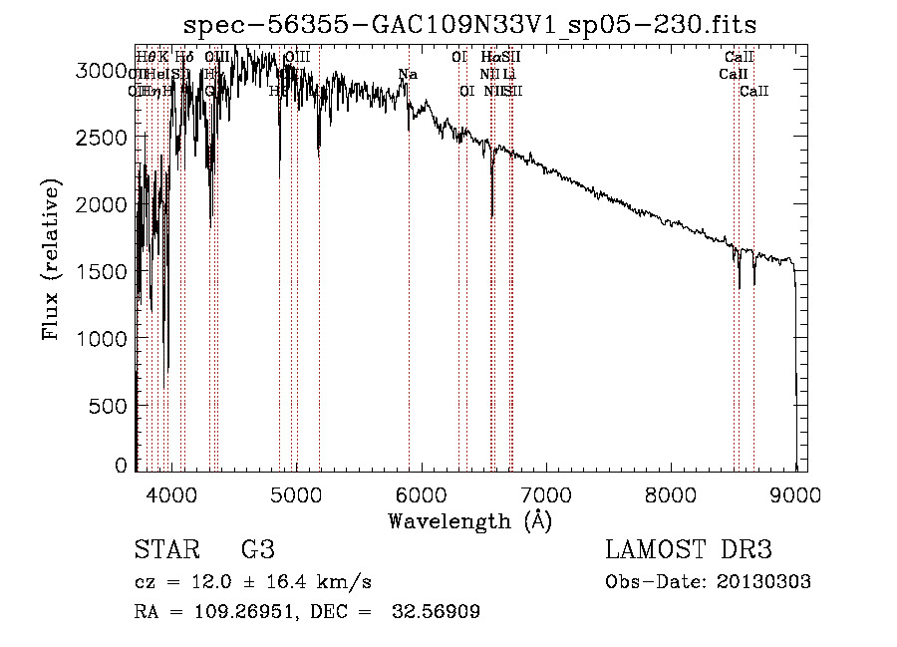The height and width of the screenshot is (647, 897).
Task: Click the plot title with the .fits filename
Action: (477, 24)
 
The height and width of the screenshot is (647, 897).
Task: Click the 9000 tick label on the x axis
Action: (795, 494)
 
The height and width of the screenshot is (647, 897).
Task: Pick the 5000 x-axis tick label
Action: (296, 494)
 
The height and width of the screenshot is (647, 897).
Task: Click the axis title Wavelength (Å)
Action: (469, 520)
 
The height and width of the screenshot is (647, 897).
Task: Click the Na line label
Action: (408, 74)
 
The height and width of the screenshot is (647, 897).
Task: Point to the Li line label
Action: (509, 74)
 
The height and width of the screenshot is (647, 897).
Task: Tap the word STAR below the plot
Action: (165, 550)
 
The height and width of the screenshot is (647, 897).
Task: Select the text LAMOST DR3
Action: (689, 550)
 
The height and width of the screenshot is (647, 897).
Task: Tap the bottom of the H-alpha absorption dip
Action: (491, 214)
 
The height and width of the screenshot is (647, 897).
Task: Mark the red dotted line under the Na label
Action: (409, 299)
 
